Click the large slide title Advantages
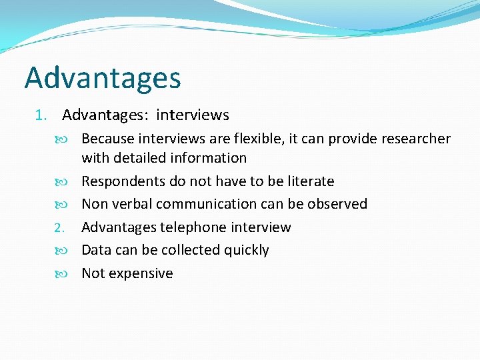(103, 79)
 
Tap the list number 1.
(39, 115)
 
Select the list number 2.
(59, 228)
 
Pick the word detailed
(141, 158)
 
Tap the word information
(209, 158)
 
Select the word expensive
(141, 273)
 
